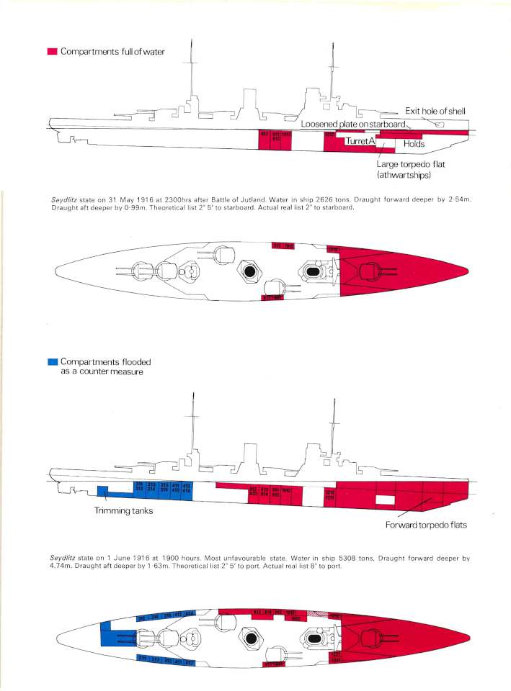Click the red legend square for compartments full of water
(51, 52)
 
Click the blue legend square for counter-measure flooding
(51, 361)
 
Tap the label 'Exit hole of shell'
(435, 111)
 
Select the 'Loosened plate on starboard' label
(353, 124)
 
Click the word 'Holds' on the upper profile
(414, 144)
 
